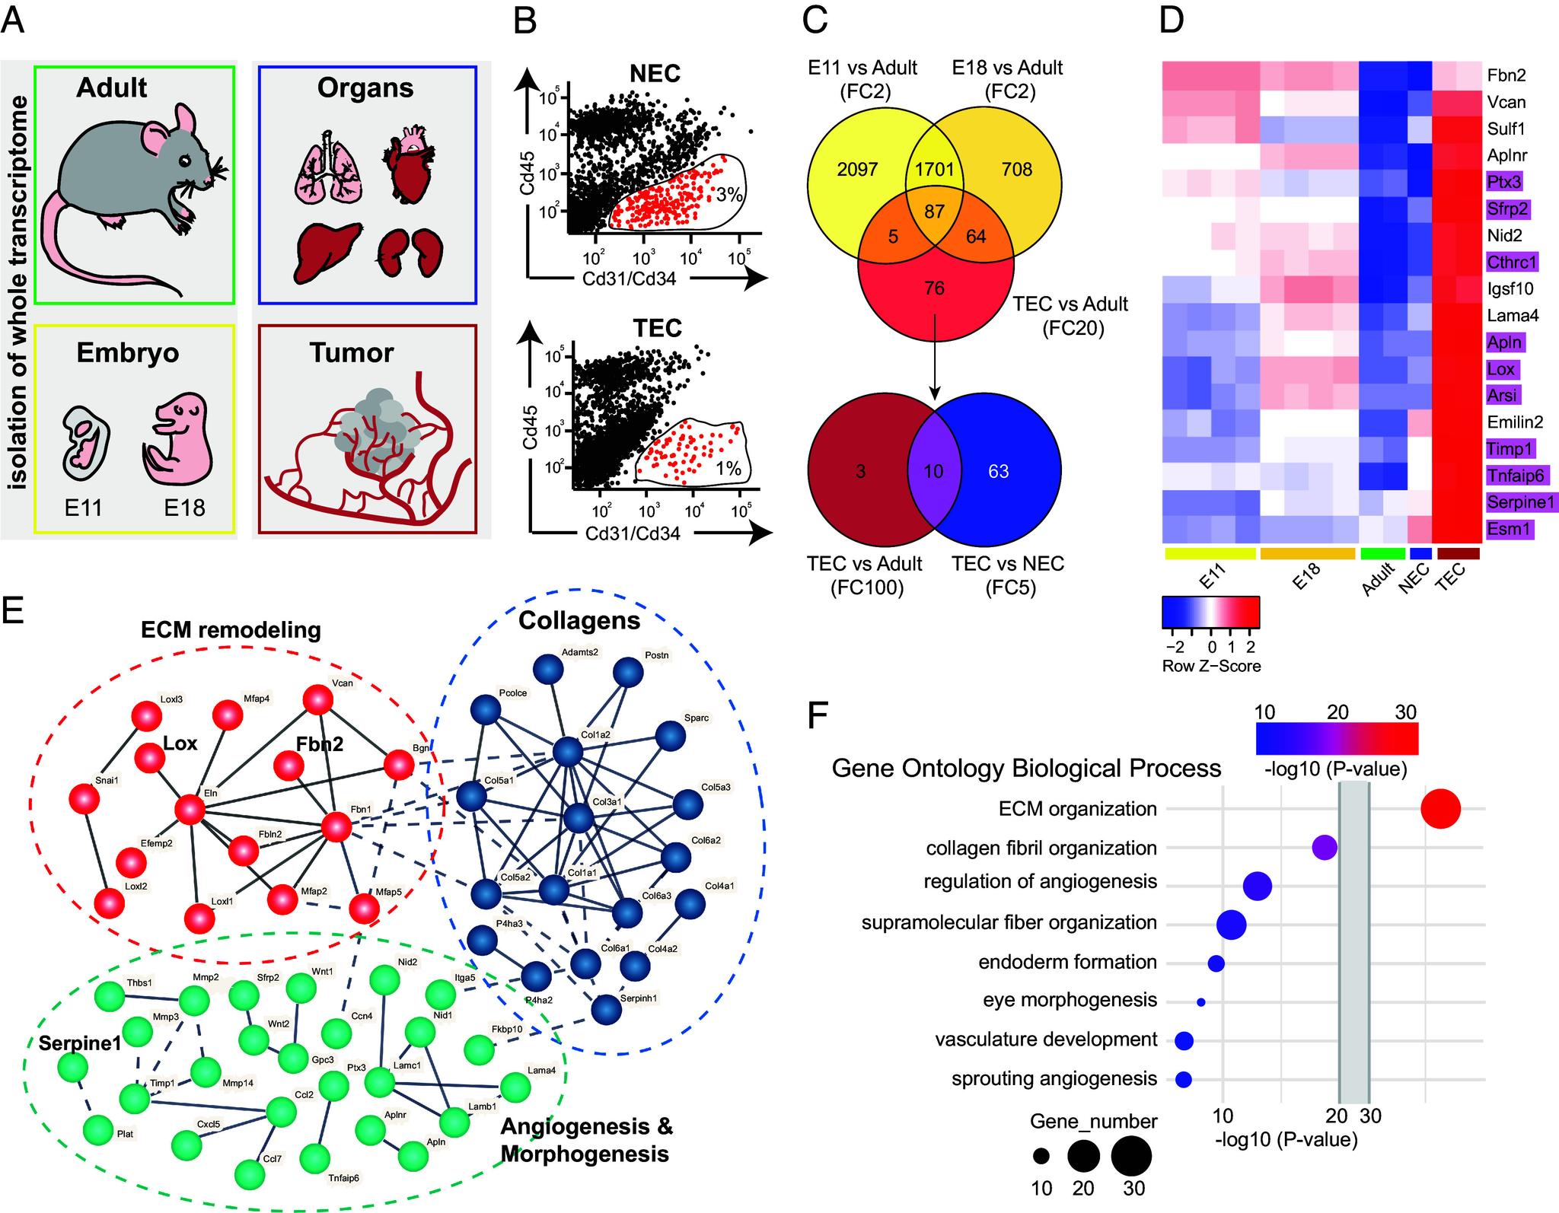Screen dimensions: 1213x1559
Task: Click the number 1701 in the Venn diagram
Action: click(x=934, y=169)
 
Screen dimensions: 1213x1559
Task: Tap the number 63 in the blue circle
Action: click(x=998, y=471)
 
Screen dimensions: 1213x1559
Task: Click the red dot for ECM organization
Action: click(x=1440, y=809)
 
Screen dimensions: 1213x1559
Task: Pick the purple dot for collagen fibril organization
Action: click(x=1325, y=848)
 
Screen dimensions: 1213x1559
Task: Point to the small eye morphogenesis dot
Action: click(x=1201, y=1002)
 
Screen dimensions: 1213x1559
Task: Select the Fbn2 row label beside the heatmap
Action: click(x=1506, y=75)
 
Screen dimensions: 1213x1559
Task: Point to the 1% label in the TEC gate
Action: click(x=728, y=469)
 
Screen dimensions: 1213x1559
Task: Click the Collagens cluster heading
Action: click(x=579, y=621)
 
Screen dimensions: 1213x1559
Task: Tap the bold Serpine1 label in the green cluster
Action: click(x=80, y=1043)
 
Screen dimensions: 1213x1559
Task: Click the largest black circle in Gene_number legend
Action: click(x=1131, y=1156)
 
